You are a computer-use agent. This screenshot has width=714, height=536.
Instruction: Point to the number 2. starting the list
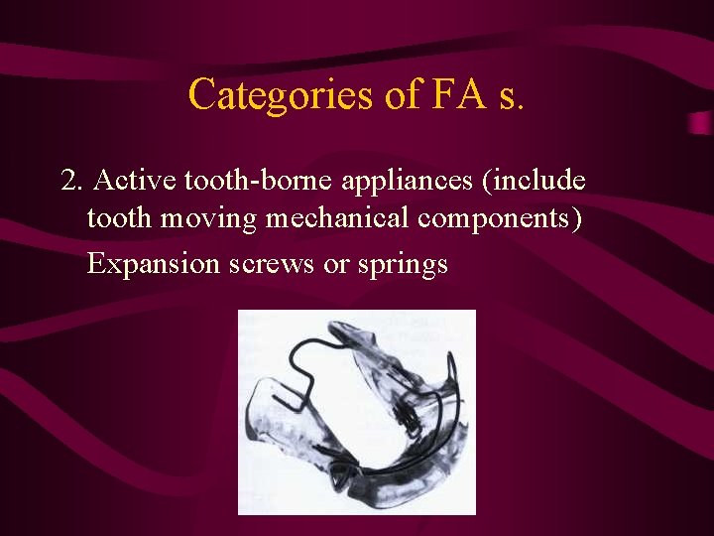point(71,181)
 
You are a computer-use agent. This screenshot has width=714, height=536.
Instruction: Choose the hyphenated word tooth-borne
point(255,181)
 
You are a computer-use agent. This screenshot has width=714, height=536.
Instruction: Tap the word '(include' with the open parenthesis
point(536,181)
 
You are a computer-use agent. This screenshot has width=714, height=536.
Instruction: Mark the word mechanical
point(338,218)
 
